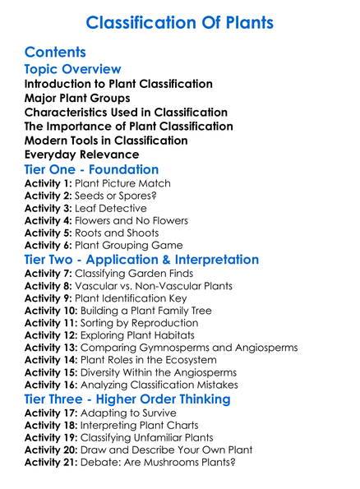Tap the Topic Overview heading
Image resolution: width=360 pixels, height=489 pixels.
click(x=72, y=69)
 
